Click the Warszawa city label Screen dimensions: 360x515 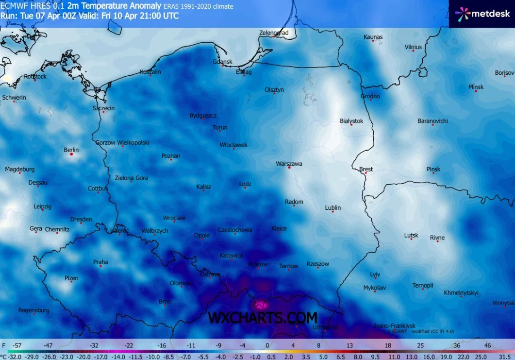coord(289,164)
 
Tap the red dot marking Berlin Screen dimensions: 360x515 coord(71,154)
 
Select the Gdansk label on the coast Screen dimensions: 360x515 coord(223,62)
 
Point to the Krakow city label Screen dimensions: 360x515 coord(258,264)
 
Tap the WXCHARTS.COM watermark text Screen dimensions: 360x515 coord(263,318)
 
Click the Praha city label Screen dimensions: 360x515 coord(100,262)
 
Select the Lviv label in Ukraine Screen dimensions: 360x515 coord(375,274)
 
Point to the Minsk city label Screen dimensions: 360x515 coord(476,87)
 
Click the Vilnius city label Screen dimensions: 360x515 coord(413,47)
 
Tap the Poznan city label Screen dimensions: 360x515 coord(171,156)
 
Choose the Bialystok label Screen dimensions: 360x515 coord(351,121)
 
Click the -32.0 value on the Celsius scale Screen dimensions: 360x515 coord(11,356)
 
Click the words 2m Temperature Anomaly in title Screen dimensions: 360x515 coord(115,6)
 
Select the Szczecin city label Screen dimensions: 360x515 coord(103,108)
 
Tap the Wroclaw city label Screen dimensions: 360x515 coord(174,218)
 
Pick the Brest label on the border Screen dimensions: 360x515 coord(366,169)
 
